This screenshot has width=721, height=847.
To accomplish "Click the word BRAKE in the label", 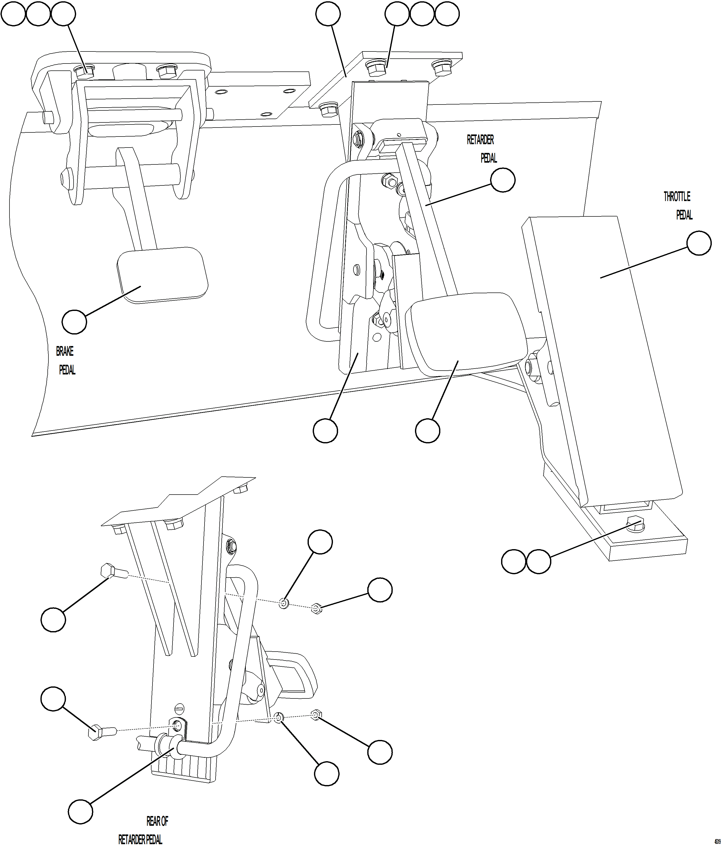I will (x=65, y=351).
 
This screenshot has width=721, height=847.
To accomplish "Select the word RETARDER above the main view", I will (x=480, y=140).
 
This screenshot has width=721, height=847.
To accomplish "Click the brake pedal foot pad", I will (x=162, y=275).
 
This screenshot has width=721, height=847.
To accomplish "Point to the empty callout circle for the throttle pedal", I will (x=699, y=243).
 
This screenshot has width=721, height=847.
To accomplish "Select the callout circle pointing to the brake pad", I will (x=74, y=321).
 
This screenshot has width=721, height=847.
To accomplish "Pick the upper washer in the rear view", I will (x=284, y=603).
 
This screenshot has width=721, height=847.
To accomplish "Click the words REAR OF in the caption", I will (x=157, y=821).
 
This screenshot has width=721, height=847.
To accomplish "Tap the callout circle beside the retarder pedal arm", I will (x=502, y=180).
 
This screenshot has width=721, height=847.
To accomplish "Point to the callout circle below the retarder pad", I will (x=428, y=431).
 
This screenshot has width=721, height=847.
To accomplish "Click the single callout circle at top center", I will (x=328, y=14).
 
